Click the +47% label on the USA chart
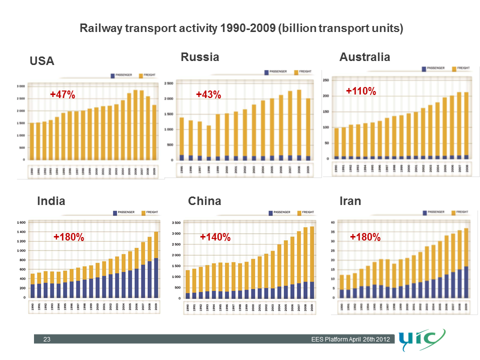click(x=62, y=93)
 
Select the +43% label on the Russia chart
click(x=208, y=94)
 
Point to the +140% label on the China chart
click(x=215, y=237)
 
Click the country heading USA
click(x=42, y=61)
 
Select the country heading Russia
click(x=199, y=57)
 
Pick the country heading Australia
click(x=364, y=57)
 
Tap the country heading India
click(x=51, y=201)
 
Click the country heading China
click(x=204, y=201)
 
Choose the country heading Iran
click(x=350, y=201)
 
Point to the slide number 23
click(x=47, y=340)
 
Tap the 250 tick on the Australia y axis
click(x=325, y=80)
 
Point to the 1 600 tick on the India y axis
click(x=21, y=222)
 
